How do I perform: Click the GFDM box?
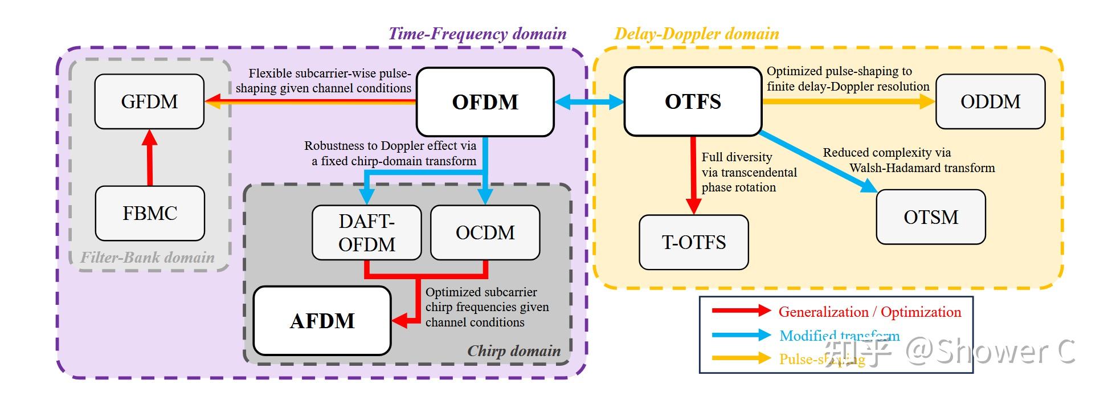[x=149, y=101]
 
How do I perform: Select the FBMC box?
[x=150, y=213]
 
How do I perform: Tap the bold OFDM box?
[x=485, y=102]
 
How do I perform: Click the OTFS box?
[x=693, y=101]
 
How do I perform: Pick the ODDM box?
[x=990, y=101]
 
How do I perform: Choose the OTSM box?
[x=931, y=217]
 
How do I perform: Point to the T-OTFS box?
[x=693, y=242]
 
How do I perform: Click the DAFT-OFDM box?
[x=366, y=232]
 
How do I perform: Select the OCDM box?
[x=485, y=232]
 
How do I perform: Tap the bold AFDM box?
[x=322, y=321]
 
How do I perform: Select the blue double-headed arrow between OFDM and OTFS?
[x=589, y=102]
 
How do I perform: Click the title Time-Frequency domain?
[x=477, y=34]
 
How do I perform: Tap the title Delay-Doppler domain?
[x=696, y=34]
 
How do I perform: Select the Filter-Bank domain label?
[x=148, y=258]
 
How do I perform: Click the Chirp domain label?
[x=514, y=351]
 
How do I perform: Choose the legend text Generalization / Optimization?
[x=869, y=312]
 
